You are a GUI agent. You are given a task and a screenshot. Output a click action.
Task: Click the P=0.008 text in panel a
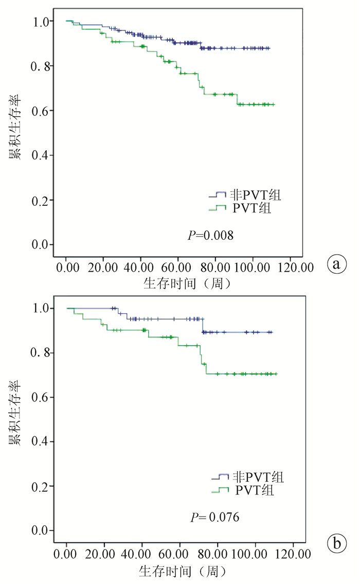point(210,236)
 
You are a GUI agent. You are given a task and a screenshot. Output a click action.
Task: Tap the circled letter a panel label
point(337,264)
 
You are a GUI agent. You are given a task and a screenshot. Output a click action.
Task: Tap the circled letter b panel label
point(337,542)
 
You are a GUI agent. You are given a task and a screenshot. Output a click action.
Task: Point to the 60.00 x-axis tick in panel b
point(180,554)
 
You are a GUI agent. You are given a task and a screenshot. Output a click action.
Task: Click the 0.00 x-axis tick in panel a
point(67,268)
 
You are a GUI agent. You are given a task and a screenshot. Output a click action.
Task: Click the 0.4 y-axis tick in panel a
point(42,155)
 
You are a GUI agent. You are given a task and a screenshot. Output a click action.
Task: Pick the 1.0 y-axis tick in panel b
point(42,308)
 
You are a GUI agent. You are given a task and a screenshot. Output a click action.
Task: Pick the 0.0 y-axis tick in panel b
point(42,530)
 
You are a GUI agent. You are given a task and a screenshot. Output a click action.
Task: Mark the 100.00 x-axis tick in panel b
point(256,554)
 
